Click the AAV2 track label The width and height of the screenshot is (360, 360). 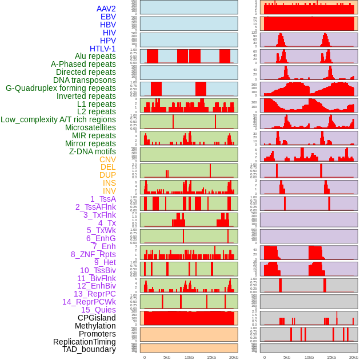[x=106, y=9]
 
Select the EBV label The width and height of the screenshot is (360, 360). [x=108, y=17]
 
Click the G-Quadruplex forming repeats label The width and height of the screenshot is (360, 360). [x=61, y=88]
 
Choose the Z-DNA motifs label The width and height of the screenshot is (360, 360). [x=92, y=151]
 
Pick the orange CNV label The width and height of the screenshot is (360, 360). [x=107, y=159]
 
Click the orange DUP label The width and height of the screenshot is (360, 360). [x=107, y=175]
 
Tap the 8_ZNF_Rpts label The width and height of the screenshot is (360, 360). [x=93, y=254]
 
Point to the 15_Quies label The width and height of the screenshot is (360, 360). [x=98, y=310]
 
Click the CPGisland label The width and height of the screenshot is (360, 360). [x=97, y=318]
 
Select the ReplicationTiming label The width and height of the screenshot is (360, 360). [x=84, y=342]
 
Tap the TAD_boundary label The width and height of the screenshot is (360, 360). [x=89, y=349]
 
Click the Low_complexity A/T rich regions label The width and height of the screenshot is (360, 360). [x=58, y=119]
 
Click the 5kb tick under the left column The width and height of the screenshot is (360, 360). [x=167, y=357]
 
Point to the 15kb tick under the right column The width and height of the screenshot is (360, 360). [x=331, y=357]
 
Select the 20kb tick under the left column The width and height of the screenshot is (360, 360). [x=234, y=357]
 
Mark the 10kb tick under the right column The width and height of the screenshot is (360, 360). [x=309, y=357]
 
